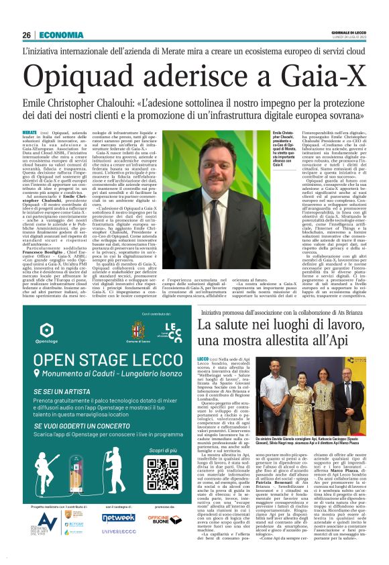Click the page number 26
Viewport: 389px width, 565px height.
[x=26, y=35]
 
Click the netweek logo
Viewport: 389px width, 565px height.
[x=119, y=517]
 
